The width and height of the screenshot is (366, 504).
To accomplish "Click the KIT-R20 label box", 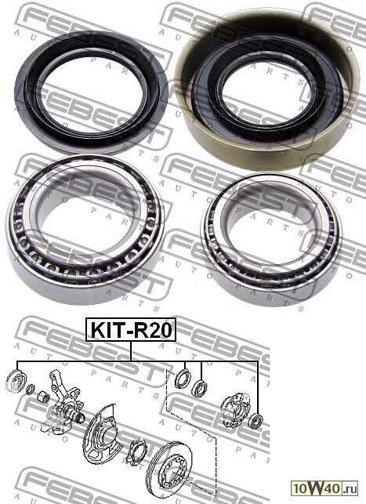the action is coord(131,329).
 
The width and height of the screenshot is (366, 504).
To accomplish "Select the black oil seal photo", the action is coord(91,92).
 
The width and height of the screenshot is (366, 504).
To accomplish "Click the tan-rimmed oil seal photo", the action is coord(266,90).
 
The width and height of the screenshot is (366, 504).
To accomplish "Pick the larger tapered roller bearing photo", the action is coord(84,230).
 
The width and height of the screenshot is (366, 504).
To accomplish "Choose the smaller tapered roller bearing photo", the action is coord(272,240).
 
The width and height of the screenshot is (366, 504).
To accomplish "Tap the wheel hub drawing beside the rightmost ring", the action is coord(235,409).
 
